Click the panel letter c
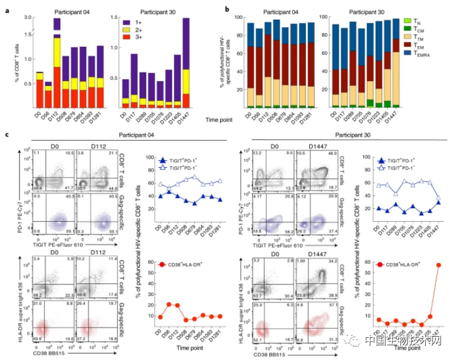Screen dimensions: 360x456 coord(6,134)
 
